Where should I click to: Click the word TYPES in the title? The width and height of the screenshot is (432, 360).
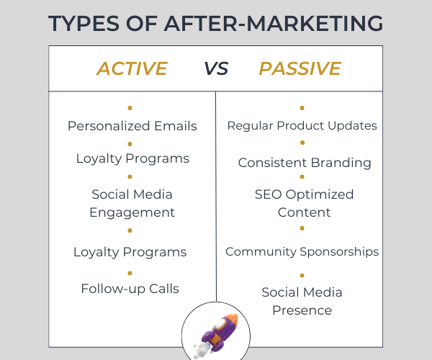(x=84, y=23)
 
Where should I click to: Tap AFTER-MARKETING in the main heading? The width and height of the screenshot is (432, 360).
(x=274, y=23)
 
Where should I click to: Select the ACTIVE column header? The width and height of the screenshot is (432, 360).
(x=132, y=68)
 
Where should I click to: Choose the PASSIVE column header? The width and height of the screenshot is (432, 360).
(x=300, y=68)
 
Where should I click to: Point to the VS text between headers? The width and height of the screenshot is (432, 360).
(x=216, y=68)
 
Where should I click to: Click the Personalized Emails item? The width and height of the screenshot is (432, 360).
(x=132, y=126)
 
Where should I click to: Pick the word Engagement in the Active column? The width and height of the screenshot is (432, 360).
(x=132, y=213)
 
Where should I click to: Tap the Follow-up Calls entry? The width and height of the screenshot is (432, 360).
(x=130, y=289)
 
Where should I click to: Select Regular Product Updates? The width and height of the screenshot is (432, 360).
(x=302, y=125)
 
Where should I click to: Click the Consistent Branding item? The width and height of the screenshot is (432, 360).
(x=305, y=163)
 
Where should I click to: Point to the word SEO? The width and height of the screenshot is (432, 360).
(x=268, y=194)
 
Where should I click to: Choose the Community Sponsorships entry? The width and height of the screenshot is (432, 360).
(x=302, y=252)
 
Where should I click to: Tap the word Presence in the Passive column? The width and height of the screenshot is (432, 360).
(x=302, y=310)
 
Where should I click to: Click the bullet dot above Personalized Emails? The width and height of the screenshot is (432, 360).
(x=130, y=108)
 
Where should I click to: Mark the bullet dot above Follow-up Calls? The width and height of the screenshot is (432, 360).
(x=130, y=273)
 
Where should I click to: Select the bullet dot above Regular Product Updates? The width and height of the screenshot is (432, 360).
(x=302, y=108)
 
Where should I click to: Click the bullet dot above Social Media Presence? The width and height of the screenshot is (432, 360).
(x=302, y=275)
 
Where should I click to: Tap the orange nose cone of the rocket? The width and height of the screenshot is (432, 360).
(x=233, y=320)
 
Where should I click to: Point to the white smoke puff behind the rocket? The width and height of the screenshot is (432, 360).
(x=201, y=349)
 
